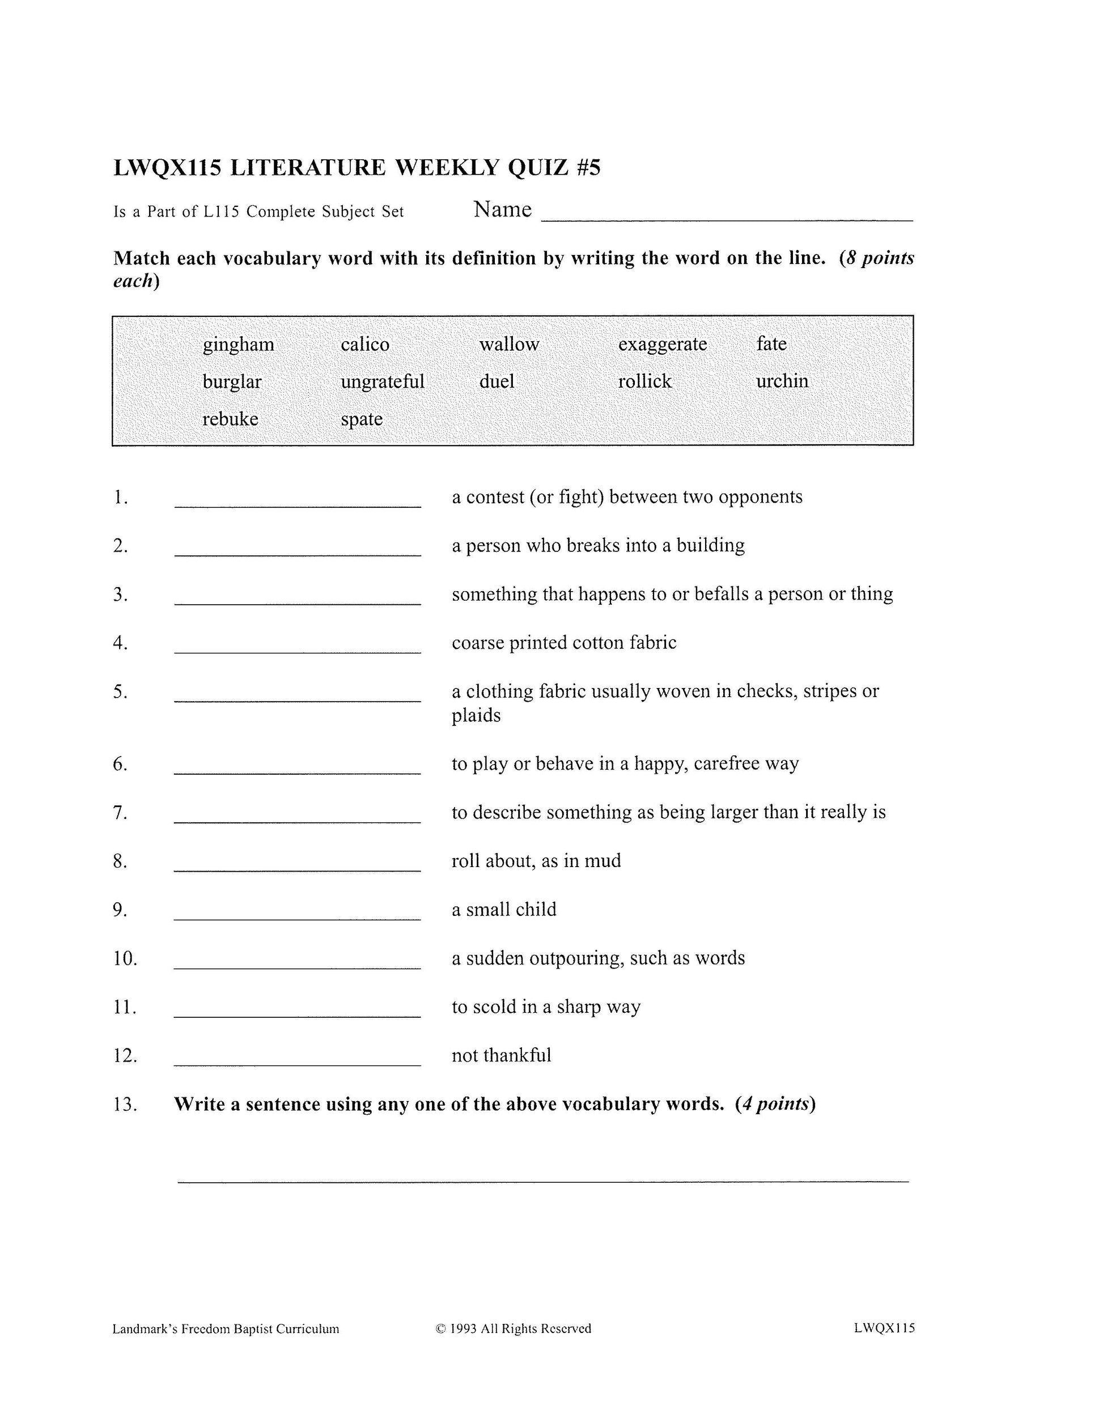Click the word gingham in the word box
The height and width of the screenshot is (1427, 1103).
pos(238,345)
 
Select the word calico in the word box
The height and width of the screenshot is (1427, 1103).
pos(364,345)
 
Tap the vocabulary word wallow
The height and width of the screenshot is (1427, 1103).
pos(509,345)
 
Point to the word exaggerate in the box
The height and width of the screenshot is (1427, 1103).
pos(662,345)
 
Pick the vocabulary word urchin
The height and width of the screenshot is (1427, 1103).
pos(782,381)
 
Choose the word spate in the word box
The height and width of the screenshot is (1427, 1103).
pos(362,419)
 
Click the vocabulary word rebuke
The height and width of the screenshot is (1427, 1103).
pos(230,419)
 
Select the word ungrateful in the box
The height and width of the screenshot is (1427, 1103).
pos(382,381)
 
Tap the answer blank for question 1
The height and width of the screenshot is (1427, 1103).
pos(298,500)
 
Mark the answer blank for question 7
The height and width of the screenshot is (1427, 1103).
pos(298,816)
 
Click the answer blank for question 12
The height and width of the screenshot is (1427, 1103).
pos(298,1059)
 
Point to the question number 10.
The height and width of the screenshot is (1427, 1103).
pos(125,958)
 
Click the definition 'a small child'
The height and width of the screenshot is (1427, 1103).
pos(504,910)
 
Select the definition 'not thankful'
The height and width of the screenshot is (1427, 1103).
pos(501,1055)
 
